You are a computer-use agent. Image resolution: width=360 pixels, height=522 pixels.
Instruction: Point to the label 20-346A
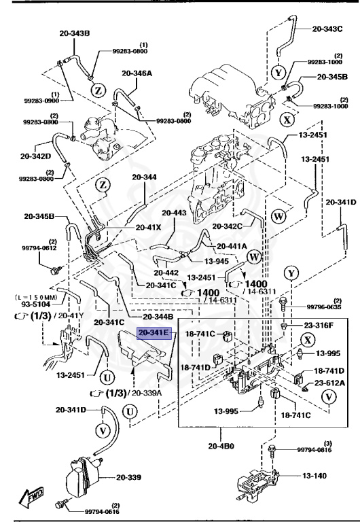137,73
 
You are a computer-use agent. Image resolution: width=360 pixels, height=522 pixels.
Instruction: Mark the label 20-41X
149,228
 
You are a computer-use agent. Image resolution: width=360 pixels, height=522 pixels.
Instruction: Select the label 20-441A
232,246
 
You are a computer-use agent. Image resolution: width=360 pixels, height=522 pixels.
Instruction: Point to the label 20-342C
228,226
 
